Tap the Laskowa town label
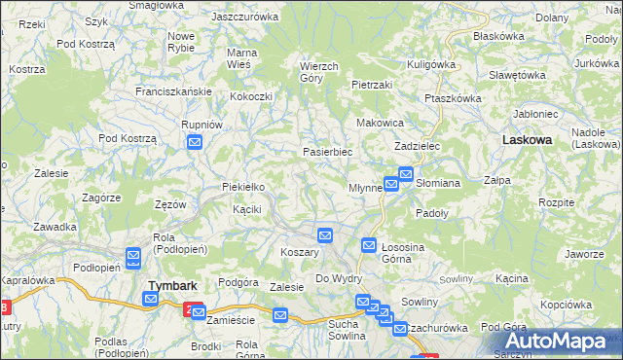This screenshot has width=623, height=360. coord(527,140)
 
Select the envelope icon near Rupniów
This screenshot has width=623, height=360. coord(194,143)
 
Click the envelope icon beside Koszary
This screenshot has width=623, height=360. coord(325,234)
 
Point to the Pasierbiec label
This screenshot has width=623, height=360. coord(327,153)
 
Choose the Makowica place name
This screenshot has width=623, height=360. coord(380,124)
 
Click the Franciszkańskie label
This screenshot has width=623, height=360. coord(174,90)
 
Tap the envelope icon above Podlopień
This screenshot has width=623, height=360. coord(133,257)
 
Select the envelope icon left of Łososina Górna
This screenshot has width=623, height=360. coord(369,246)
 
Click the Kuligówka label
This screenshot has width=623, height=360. coord(431,63)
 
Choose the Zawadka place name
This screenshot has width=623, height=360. coord(55,227)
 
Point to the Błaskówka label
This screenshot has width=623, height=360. coord(497,35)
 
